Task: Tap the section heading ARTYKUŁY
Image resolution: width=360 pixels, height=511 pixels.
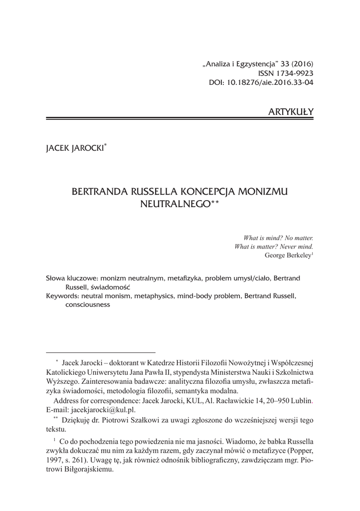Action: [x=291, y=110]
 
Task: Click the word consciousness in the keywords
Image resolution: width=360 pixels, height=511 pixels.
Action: [x=87, y=306]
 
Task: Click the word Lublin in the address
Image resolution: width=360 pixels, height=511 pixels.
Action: [x=301, y=401]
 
